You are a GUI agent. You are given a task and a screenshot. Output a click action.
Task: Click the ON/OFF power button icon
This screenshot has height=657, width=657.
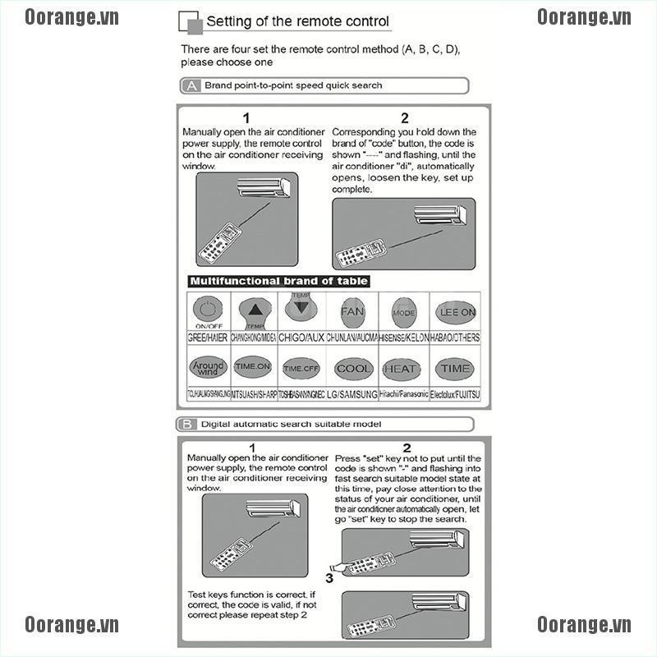(207, 311)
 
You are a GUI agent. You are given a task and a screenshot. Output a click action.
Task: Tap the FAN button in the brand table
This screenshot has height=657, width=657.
(351, 311)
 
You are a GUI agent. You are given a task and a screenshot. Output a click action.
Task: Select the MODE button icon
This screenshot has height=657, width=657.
(403, 312)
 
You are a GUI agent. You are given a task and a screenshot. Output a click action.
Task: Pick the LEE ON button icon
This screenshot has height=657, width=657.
(456, 312)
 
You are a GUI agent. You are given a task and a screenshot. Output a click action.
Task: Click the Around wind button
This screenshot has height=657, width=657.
(207, 367)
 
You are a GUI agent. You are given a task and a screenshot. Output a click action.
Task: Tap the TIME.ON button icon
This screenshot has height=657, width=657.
(253, 367)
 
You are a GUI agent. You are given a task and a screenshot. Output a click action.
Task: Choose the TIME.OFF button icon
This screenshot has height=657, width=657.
(301, 369)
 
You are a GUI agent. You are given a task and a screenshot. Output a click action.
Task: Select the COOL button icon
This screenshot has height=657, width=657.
(354, 369)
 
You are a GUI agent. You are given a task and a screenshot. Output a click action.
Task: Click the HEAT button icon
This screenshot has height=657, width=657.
(402, 369)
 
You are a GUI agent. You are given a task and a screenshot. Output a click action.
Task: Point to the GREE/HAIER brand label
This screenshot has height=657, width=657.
(209, 338)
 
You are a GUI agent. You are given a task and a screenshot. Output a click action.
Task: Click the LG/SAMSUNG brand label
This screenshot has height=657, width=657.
(352, 394)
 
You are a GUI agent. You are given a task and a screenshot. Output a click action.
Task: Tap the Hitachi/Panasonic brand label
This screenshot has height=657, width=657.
(403, 394)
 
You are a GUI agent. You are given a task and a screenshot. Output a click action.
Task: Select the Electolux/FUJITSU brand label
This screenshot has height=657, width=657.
(456, 394)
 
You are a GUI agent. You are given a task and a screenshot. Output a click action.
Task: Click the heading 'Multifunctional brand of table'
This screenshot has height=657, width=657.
(278, 281)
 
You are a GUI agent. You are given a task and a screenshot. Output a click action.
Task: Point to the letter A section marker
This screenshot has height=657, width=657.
(191, 85)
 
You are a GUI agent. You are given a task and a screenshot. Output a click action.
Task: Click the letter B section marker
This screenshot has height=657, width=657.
(187, 425)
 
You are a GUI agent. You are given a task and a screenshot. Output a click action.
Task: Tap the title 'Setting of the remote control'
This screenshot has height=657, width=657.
(297, 22)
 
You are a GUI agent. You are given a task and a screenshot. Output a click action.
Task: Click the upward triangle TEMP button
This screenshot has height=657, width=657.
(256, 311)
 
